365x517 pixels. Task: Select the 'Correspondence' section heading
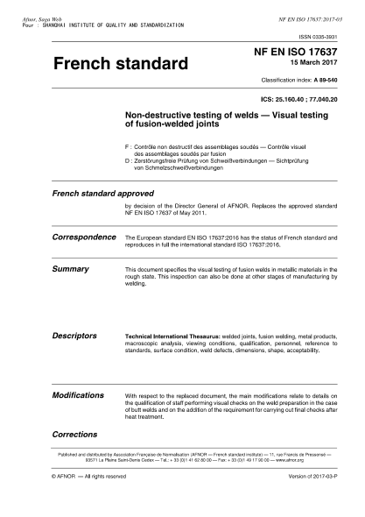tap(84, 237)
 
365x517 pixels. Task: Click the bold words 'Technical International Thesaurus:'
tap(167, 336)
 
